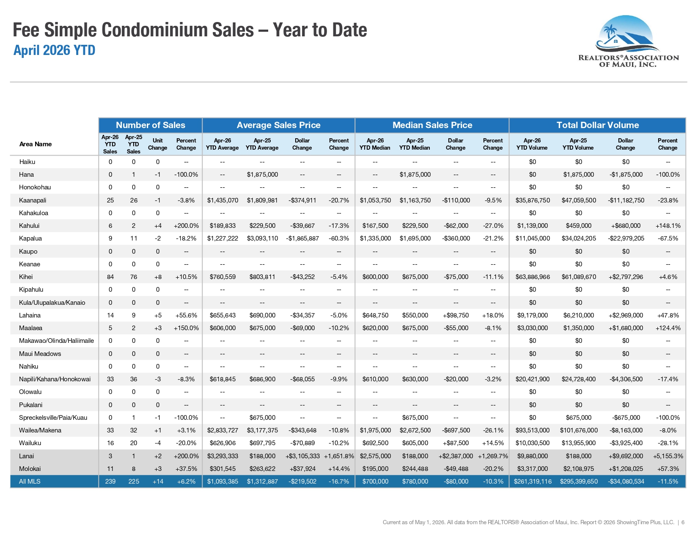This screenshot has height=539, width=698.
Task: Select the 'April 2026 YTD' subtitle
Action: (x=54, y=50)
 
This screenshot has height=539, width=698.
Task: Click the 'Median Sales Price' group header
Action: (x=432, y=125)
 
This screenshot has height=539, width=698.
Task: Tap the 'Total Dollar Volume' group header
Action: (x=597, y=125)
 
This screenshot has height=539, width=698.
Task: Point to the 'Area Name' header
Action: (x=36, y=144)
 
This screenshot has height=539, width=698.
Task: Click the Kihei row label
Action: (x=26, y=277)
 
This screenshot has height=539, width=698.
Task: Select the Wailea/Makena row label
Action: (x=40, y=430)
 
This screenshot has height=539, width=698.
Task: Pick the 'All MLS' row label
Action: (x=30, y=482)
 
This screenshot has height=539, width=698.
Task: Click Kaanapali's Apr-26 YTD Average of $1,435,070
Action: (x=223, y=200)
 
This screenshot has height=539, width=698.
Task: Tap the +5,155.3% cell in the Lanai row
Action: (x=668, y=456)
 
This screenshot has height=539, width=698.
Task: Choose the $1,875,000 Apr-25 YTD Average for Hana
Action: (x=262, y=175)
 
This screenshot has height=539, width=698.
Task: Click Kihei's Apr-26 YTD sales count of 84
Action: (x=110, y=277)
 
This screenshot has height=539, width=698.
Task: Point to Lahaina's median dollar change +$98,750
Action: (x=456, y=315)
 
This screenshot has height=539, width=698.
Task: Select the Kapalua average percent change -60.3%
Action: (x=339, y=238)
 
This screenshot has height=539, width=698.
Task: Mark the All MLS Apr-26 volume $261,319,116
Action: (x=533, y=482)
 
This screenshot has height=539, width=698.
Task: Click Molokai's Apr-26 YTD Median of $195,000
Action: (x=375, y=469)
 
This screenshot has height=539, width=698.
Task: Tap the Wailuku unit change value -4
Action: (x=157, y=443)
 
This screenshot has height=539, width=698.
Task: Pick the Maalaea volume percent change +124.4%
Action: (x=668, y=328)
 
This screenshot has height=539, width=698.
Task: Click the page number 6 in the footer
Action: (x=683, y=523)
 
